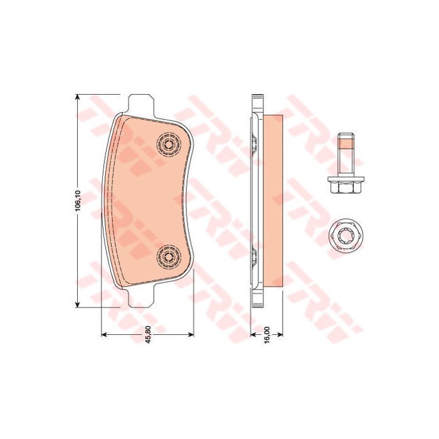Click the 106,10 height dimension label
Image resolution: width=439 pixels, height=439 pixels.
click(x=78, y=201)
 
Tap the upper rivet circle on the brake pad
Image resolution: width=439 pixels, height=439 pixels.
click(x=169, y=144)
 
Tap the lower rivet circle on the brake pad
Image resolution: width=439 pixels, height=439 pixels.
click(x=169, y=257)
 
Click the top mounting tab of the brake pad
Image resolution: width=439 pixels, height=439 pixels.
click(x=141, y=105)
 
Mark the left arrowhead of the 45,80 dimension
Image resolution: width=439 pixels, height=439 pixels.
click(x=103, y=334)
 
